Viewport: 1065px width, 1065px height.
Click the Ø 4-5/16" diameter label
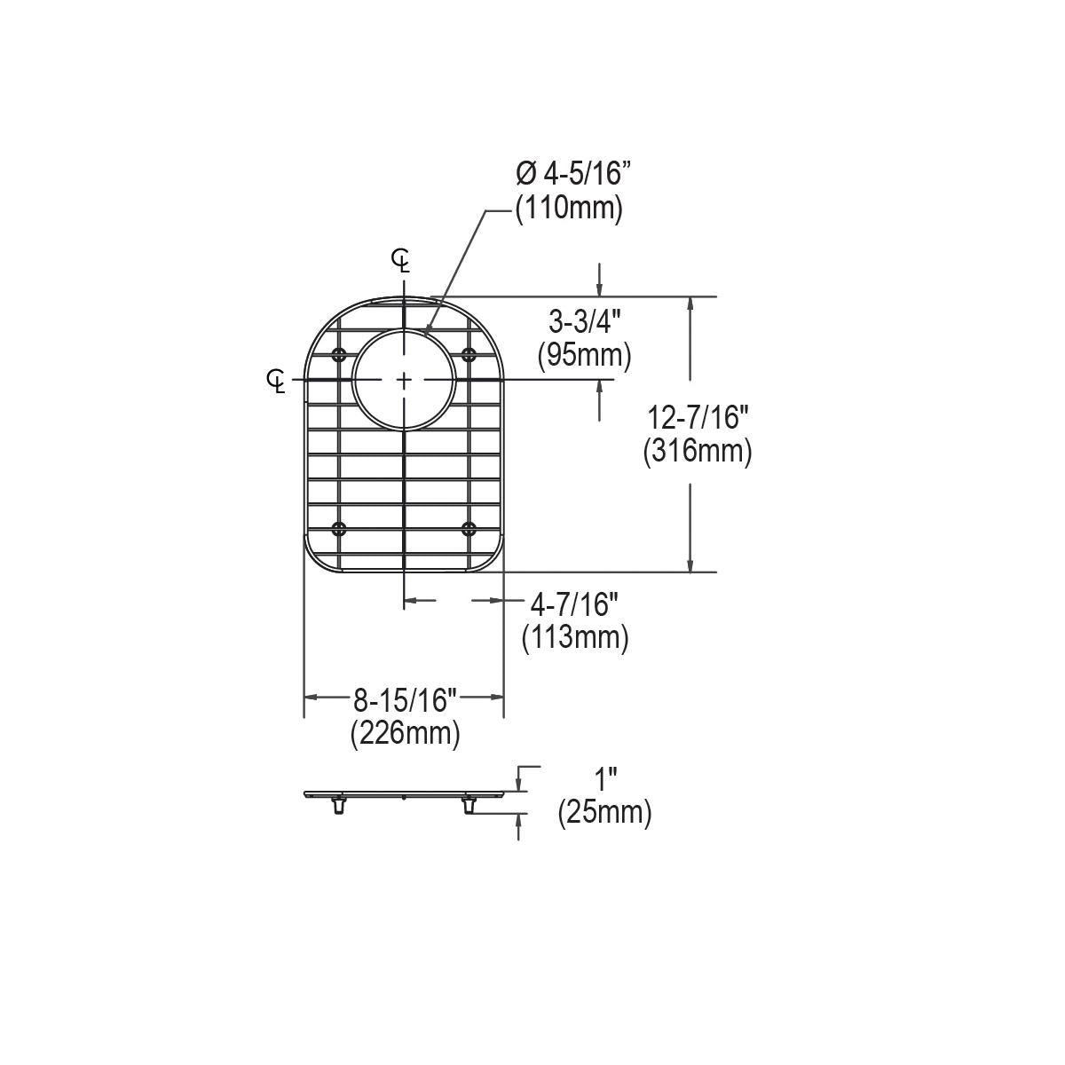(573, 174)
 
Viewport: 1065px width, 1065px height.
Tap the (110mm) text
(569, 209)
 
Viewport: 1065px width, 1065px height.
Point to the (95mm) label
(585, 356)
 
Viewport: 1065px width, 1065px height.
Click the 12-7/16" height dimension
(698, 417)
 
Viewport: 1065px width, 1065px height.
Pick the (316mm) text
(698, 452)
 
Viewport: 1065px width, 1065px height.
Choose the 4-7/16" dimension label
(574, 604)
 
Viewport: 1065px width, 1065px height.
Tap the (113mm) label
(575, 639)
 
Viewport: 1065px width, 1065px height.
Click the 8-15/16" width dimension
(405, 701)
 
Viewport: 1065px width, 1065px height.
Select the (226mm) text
(405, 736)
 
